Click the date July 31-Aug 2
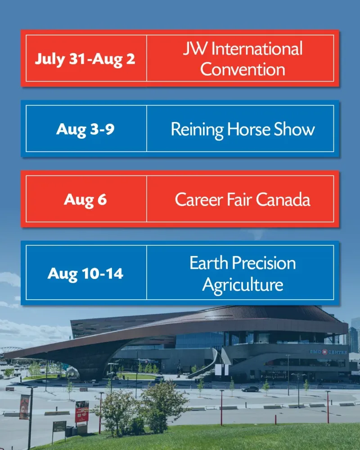(x=85, y=59)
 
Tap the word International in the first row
(x=257, y=49)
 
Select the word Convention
(x=243, y=69)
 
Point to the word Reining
(x=197, y=130)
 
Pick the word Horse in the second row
(x=248, y=129)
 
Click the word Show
(x=294, y=129)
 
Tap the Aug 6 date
(x=85, y=199)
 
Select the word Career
(x=199, y=199)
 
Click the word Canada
(x=283, y=199)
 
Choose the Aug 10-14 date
(x=85, y=273)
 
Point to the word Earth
(x=209, y=263)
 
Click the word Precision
(x=264, y=263)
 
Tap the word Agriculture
(x=243, y=285)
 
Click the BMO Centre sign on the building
(x=328, y=352)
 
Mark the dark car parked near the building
(x=250, y=389)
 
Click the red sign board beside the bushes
(x=82, y=412)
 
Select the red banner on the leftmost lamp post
(x=24, y=407)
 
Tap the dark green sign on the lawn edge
(x=59, y=427)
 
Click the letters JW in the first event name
(x=195, y=48)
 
